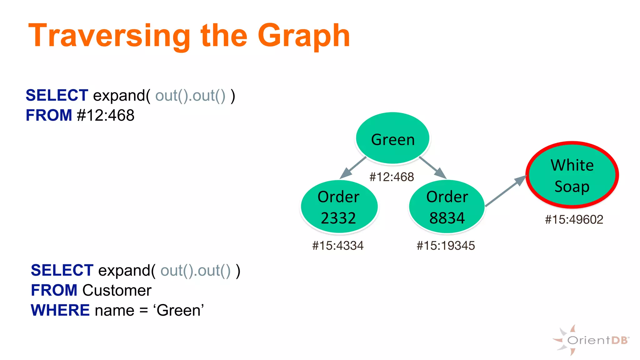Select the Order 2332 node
click(339, 207)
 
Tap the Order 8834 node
click(447, 207)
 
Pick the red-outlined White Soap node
click(572, 175)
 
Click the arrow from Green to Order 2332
click(353, 167)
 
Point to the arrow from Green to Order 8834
click(432, 167)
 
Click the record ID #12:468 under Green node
click(392, 177)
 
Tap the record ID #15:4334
click(338, 246)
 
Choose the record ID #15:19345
click(446, 246)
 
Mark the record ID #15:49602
click(574, 219)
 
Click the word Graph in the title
click(303, 36)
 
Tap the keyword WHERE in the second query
click(60, 310)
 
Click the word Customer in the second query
click(117, 290)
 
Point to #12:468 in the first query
click(106, 115)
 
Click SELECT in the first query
click(57, 95)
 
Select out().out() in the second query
click(195, 271)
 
